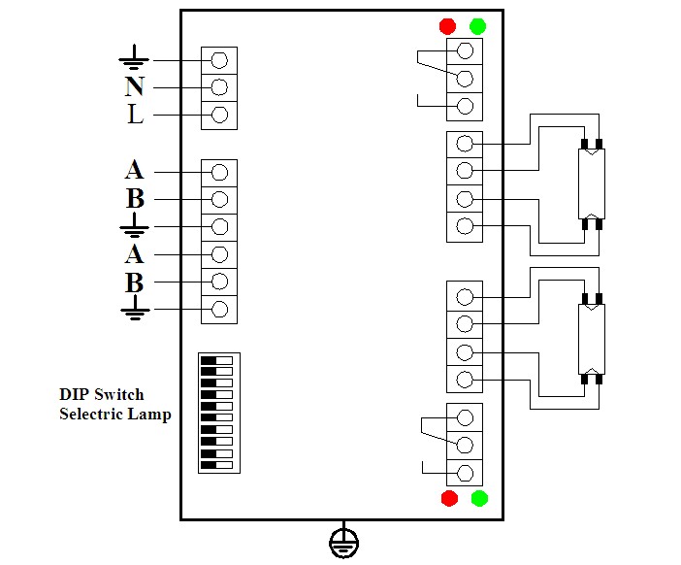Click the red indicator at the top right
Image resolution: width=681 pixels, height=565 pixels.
447,26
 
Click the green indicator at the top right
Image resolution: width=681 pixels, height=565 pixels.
477,26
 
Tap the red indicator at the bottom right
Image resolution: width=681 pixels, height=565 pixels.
449,498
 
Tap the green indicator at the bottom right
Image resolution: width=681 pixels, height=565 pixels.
479,498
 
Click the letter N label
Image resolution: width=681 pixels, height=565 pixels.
134,86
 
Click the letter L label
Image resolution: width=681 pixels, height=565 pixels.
135,115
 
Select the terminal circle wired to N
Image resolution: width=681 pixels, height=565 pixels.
219,87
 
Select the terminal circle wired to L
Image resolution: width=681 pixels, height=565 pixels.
219,115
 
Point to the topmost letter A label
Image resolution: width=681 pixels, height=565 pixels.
134,170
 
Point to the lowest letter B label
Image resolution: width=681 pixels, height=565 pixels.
135,282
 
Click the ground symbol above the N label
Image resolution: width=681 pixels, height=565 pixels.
134,57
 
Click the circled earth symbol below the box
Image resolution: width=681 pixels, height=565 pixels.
343,544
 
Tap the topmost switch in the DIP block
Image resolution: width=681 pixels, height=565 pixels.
216,361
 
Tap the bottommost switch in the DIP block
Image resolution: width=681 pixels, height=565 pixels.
216,465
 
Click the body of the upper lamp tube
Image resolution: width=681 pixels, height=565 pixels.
592,183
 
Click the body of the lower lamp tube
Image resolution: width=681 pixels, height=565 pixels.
592,339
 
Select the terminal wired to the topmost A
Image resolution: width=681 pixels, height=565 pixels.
219,172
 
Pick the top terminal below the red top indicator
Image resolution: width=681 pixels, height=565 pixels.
465,50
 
